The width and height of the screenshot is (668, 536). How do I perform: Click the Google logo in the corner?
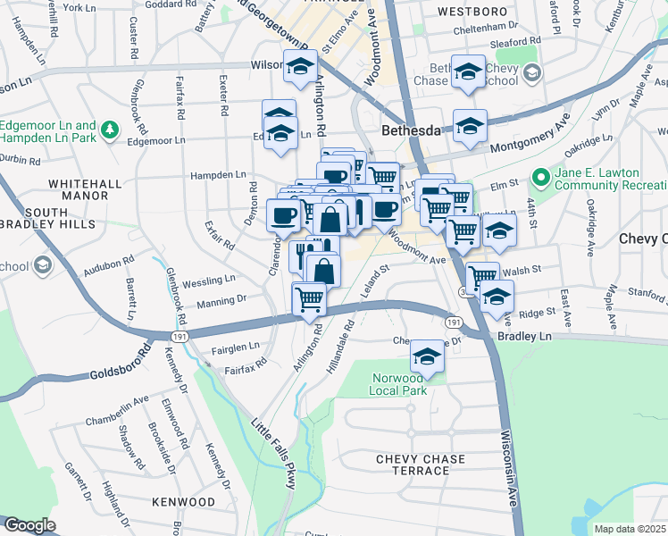point(29,525)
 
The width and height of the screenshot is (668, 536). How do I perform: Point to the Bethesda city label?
point(412,130)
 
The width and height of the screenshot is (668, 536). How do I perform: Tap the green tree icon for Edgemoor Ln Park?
point(110,130)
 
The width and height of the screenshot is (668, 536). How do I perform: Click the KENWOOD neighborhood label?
point(184,503)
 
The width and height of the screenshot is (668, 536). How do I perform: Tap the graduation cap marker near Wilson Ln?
point(301,67)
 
